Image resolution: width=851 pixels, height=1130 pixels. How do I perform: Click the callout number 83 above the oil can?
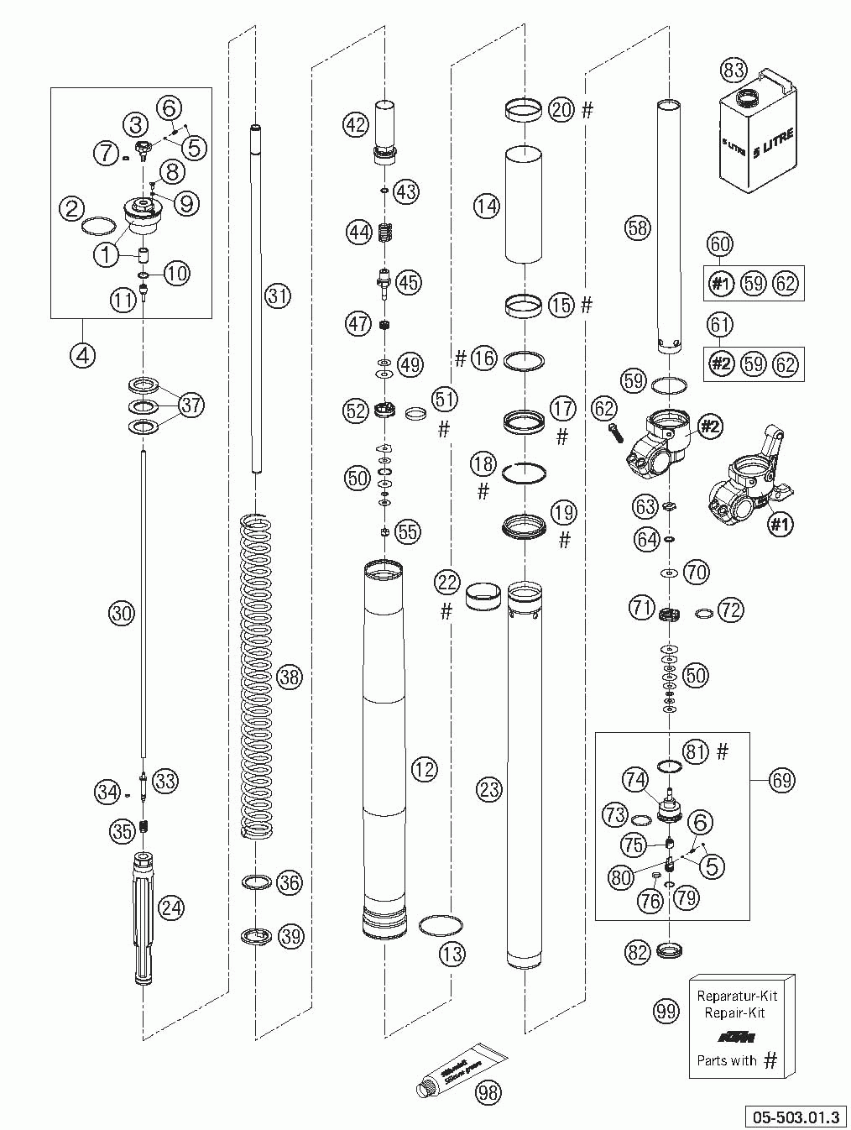[x=734, y=71]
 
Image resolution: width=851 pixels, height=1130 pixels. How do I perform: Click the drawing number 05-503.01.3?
[x=796, y=1117]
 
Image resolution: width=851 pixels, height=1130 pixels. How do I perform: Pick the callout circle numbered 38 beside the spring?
[x=290, y=677]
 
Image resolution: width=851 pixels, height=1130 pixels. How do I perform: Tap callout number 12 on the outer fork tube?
[x=425, y=767]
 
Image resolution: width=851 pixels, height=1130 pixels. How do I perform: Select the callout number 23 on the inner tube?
[x=488, y=788]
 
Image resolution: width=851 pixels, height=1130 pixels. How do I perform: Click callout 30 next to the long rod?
[x=122, y=614]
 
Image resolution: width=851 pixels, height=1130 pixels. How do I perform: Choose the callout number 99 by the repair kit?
[x=666, y=1012]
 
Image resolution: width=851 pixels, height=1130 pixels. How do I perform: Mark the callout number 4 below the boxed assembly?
[x=81, y=354]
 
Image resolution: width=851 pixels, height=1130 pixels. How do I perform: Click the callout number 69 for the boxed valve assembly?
[x=781, y=780]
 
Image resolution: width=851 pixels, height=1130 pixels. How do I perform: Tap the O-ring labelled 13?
[x=440, y=924]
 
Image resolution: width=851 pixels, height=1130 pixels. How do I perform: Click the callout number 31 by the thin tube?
[x=278, y=295]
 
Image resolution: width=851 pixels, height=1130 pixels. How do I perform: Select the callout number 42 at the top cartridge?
[x=356, y=124]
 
